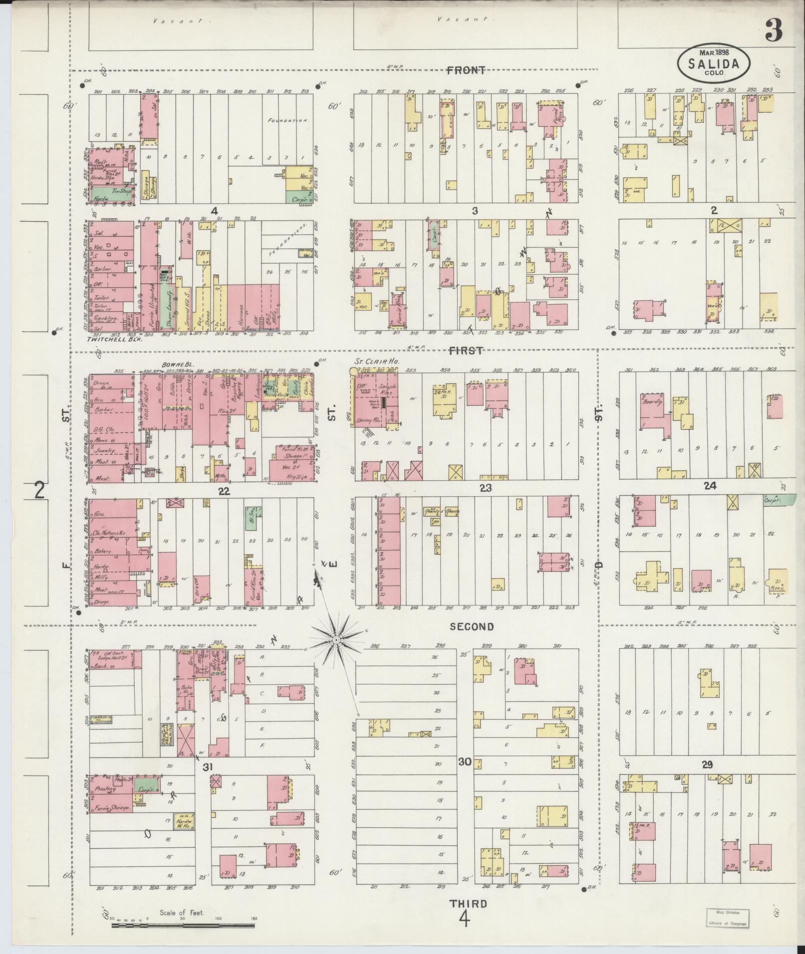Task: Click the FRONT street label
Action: click(x=466, y=70)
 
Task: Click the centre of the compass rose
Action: click(x=337, y=639)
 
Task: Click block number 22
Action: click(x=224, y=492)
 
